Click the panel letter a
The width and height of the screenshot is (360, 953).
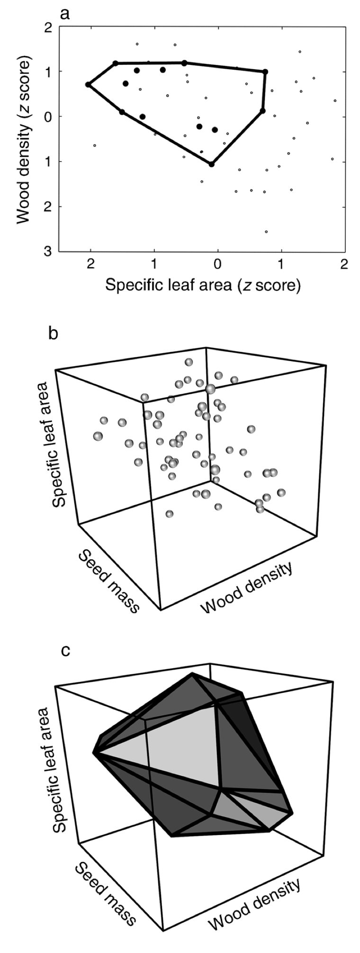point(65,13)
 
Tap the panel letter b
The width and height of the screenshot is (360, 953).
point(54,334)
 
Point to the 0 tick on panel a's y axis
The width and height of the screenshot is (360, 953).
point(48,116)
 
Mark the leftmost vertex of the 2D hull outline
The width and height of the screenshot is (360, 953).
point(88,84)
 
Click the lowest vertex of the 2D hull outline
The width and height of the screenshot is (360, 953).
point(211,164)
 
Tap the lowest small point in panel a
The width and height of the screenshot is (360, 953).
point(266,232)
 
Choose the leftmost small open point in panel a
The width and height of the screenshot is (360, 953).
point(95,145)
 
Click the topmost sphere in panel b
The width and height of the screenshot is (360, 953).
point(189,362)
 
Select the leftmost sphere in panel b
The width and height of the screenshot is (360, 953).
point(98,436)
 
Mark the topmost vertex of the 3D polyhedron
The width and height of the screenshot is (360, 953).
point(192,673)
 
